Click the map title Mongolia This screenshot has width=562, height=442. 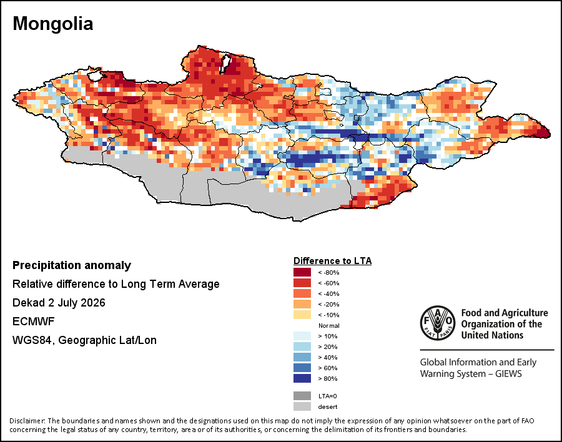pyautogui.click(x=52, y=24)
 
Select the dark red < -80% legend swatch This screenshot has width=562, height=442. pyautogui.click(x=302, y=272)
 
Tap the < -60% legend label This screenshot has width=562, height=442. pyautogui.click(x=328, y=283)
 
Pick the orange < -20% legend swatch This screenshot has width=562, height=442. pyautogui.click(x=302, y=305)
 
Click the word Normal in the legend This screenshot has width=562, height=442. pyautogui.click(x=329, y=325)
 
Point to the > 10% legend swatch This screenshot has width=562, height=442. pyautogui.click(x=302, y=336)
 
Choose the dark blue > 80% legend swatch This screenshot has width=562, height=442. pyautogui.click(x=302, y=378)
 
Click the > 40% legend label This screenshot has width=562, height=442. pyautogui.click(x=328, y=357)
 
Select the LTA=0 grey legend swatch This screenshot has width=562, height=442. pyautogui.click(x=302, y=396)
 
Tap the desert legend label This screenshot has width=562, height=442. pyautogui.click(x=328, y=407)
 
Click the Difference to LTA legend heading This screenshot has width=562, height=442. pyautogui.click(x=333, y=261)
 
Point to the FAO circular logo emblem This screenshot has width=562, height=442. pyautogui.click(x=438, y=323)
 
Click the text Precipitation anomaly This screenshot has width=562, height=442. pyautogui.click(x=72, y=265)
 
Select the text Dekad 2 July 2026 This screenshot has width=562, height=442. pyautogui.click(x=59, y=303)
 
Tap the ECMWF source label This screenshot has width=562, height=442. pyautogui.click(x=33, y=321)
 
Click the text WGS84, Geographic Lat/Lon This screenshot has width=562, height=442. pyautogui.click(x=84, y=340)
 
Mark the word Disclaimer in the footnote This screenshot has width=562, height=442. pyautogui.click(x=27, y=421)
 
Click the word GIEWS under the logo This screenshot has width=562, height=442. pyautogui.click(x=508, y=374)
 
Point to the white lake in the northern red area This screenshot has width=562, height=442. pyautogui.click(x=225, y=64)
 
